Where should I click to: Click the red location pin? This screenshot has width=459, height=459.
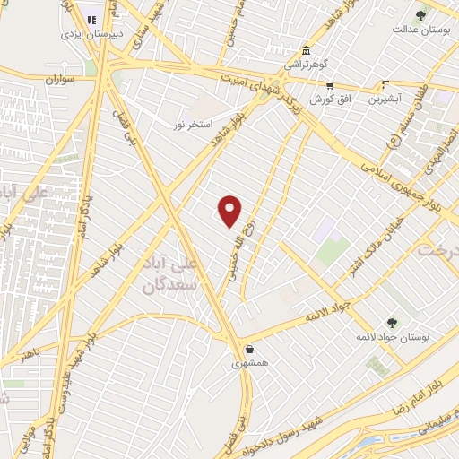(230, 210)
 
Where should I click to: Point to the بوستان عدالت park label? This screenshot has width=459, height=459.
(418, 29)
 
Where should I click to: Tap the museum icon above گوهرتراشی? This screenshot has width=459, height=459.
(307, 49)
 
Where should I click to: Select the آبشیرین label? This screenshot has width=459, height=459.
(385, 99)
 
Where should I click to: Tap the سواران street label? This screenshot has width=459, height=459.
(56, 80)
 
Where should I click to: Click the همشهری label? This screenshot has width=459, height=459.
(248, 364)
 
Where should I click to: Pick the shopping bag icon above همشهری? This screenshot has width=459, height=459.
(248, 350)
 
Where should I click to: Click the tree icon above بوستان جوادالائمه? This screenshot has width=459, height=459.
(391, 322)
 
